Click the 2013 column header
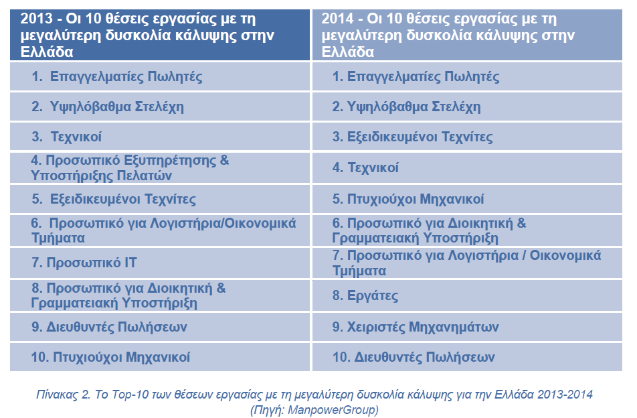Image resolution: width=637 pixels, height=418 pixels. click(x=160, y=35)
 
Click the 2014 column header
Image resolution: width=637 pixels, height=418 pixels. click(x=467, y=35)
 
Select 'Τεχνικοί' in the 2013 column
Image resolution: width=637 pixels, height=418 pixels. click(x=76, y=137)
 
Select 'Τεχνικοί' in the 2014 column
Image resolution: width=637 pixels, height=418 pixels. click(x=373, y=167)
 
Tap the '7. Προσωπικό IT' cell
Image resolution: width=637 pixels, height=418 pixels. click(x=160, y=263)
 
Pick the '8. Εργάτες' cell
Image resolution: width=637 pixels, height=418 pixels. click(x=467, y=295)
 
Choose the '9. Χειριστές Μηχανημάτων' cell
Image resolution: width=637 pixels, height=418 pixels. click(x=467, y=327)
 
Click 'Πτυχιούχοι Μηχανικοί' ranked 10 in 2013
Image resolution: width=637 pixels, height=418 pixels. click(x=122, y=357)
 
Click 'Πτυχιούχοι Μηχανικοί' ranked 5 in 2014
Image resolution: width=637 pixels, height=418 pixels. click(x=415, y=199)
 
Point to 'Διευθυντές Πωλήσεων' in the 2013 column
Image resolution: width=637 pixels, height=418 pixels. click(x=116, y=327)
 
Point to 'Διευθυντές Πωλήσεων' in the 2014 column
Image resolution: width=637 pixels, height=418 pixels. click(x=424, y=357)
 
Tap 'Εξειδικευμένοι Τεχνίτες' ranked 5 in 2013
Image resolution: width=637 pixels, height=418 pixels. click(x=122, y=199)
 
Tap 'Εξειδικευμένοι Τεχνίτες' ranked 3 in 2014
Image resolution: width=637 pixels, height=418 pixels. click(x=420, y=137)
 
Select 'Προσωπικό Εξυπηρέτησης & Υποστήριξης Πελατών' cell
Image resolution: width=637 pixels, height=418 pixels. click(x=160, y=168)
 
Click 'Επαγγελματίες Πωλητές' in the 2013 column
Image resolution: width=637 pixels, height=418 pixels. click(x=126, y=76)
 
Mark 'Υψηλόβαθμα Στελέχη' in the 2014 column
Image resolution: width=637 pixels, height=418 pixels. click(x=414, y=107)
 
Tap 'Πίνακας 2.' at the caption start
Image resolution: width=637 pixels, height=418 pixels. click(x=63, y=395)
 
